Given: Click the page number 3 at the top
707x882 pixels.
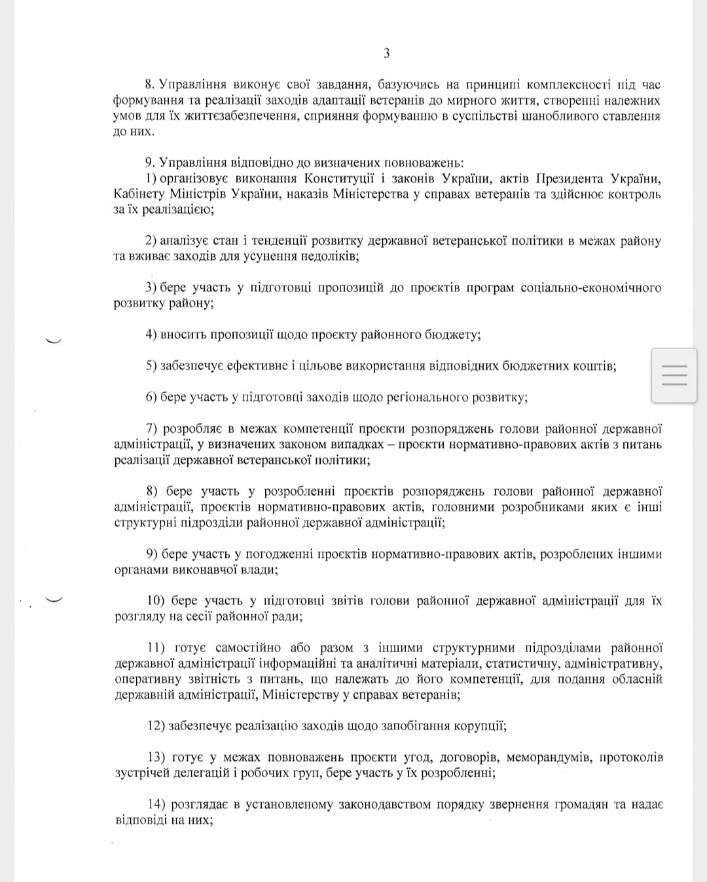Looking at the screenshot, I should coord(386,53).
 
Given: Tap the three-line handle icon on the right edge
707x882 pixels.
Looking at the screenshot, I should coord(674,375).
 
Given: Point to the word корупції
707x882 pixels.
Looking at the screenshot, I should coord(480,726).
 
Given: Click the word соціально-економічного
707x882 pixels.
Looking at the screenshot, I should coord(590,288).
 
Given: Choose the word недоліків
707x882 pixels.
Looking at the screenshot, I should coord(325,257).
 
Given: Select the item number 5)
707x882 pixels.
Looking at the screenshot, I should coord(151,366).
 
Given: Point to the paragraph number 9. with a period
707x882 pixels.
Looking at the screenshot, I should coord(149,163).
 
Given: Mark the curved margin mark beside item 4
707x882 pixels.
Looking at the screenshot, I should coord(52,339).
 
